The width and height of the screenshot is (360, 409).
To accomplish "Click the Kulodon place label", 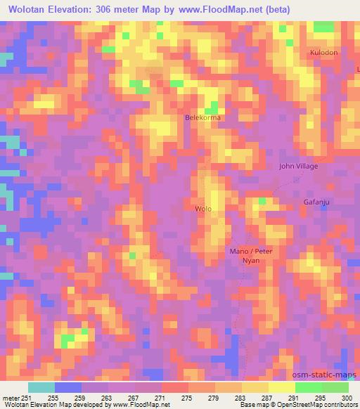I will coord(323,53).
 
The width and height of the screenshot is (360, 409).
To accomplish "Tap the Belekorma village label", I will coord(202,117).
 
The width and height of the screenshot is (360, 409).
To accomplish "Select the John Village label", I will coord(298,167).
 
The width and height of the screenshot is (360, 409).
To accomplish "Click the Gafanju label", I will coord(316,202).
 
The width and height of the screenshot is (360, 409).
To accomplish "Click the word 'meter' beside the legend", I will coord(11,398).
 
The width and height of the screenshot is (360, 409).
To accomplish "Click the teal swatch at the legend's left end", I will coord(41,387).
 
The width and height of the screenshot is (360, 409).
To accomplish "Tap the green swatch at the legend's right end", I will coord(335,387).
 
